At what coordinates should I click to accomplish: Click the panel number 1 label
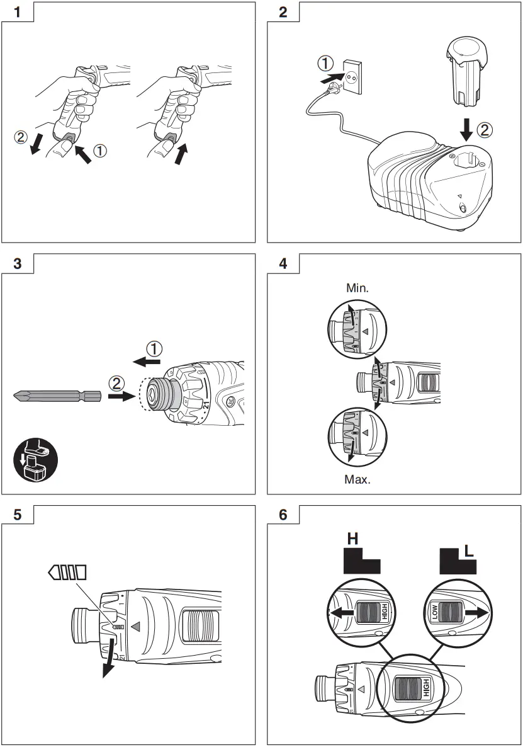click(x=16, y=11)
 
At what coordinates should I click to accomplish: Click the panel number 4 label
click(x=283, y=263)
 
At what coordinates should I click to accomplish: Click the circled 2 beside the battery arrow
click(x=484, y=130)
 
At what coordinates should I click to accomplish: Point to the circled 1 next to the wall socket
click(x=325, y=64)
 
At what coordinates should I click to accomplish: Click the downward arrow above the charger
click(x=466, y=128)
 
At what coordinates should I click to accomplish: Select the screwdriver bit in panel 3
click(x=57, y=397)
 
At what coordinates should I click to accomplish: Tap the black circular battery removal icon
click(x=36, y=462)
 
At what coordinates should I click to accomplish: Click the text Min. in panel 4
click(x=357, y=288)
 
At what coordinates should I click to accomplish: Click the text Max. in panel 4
click(x=357, y=479)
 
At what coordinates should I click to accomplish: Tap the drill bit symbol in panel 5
click(x=67, y=572)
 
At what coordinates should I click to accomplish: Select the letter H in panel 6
click(x=352, y=539)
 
